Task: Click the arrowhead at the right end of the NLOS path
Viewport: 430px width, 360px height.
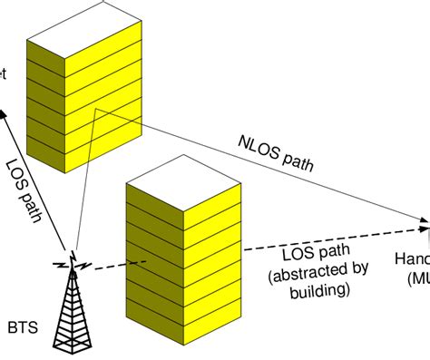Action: [x=424, y=219]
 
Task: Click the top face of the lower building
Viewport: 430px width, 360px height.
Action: [x=181, y=190]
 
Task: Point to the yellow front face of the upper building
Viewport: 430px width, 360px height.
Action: [x=60, y=109]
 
